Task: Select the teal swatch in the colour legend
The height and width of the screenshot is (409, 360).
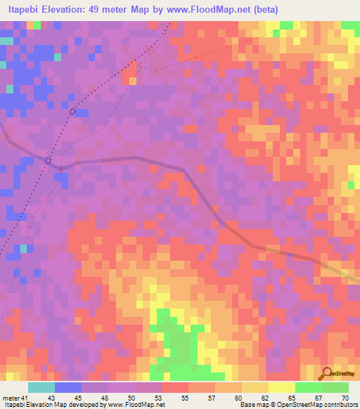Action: click(41, 387)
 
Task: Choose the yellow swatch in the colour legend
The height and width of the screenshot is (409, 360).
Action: click(281, 387)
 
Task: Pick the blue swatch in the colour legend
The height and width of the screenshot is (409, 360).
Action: click(68, 387)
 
